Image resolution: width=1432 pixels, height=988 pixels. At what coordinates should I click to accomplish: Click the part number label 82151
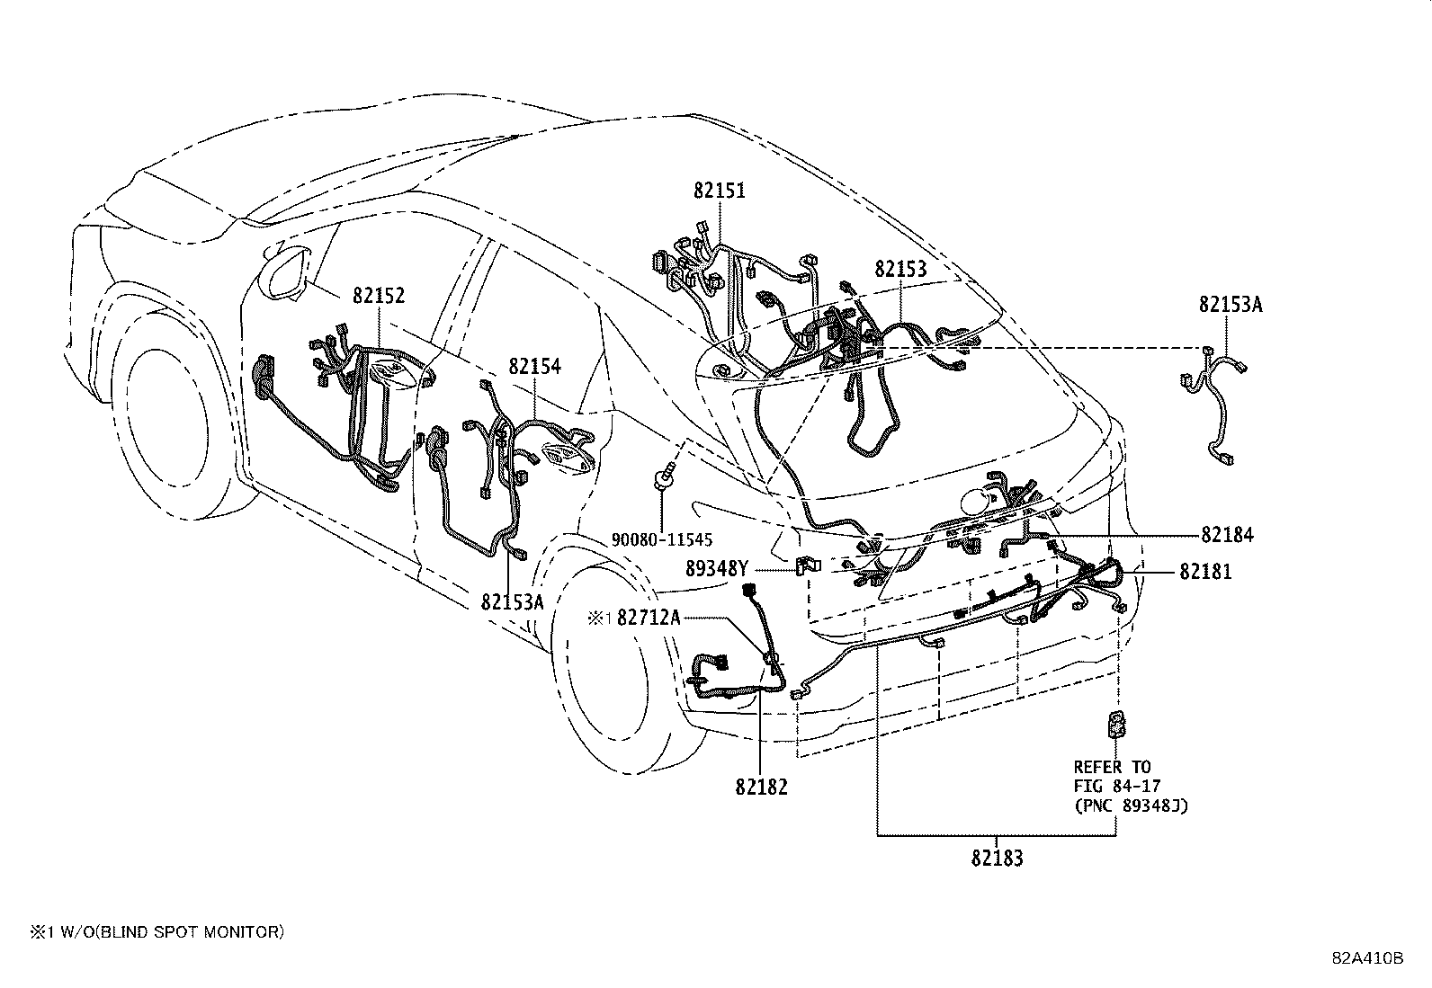719,191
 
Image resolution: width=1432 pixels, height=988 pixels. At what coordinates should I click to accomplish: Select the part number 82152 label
378,296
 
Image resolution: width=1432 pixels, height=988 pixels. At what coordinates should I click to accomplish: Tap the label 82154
534,367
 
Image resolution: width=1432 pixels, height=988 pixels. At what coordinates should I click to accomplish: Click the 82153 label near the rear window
900,269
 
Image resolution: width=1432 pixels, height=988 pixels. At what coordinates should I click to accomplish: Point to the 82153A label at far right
1230,305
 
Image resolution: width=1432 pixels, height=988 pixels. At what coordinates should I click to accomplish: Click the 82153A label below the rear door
512,601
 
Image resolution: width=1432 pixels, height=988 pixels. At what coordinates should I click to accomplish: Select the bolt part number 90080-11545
661,540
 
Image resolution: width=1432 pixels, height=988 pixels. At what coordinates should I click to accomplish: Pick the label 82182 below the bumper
761,787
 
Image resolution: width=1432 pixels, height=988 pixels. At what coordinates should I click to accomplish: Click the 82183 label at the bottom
997,858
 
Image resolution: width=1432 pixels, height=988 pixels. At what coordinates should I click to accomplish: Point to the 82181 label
1206,571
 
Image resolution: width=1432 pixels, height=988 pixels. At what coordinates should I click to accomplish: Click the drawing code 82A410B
1367,957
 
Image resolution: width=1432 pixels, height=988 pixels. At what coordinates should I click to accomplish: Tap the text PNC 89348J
1131,806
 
